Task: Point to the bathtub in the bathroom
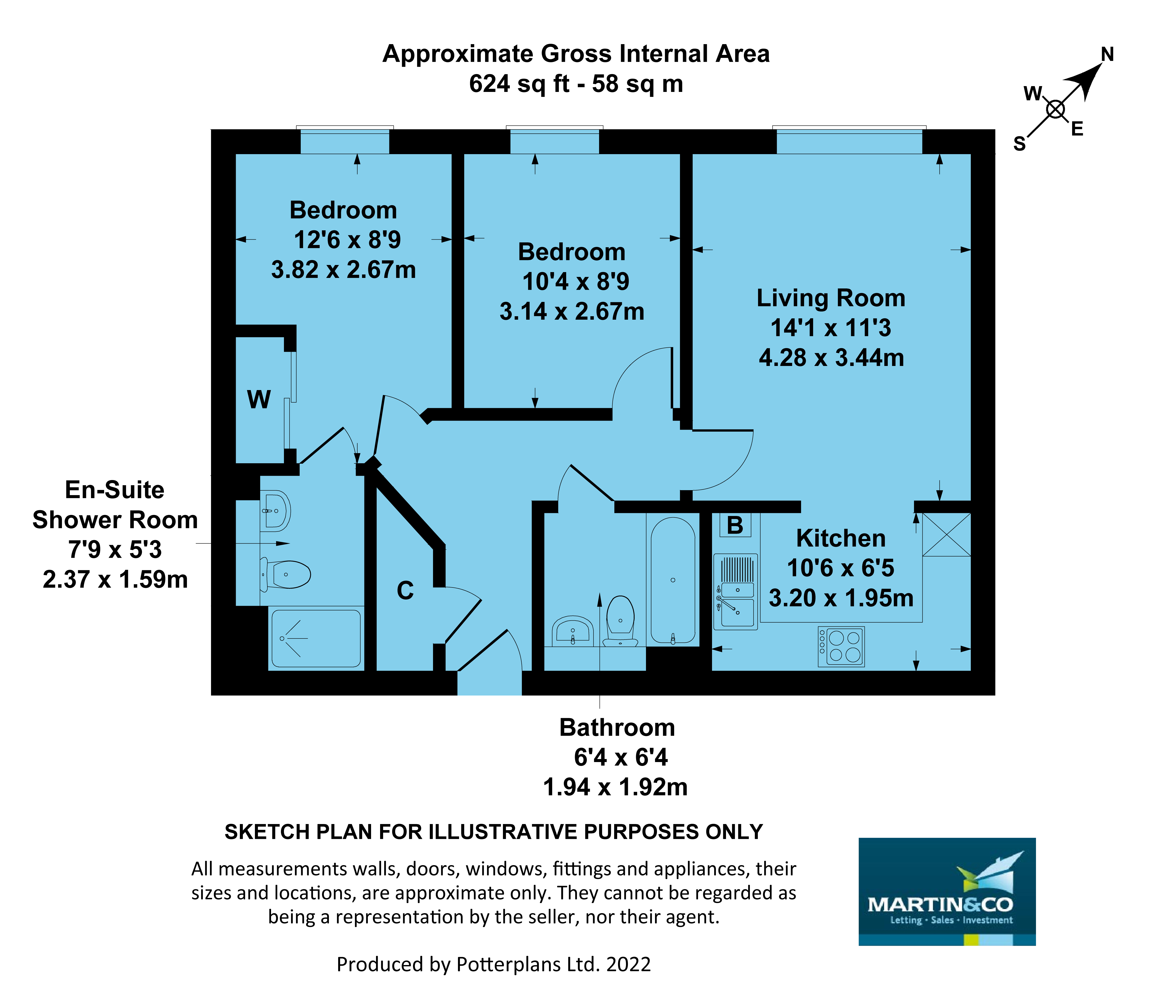[x=672, y=580]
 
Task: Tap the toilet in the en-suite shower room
[x=287, y=574]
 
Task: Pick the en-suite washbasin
[x=276, y=510]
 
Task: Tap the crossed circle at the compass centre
[x=1055, y=109]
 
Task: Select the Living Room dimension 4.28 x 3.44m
[x=831, y=358]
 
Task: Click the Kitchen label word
[x=840, y=538]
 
